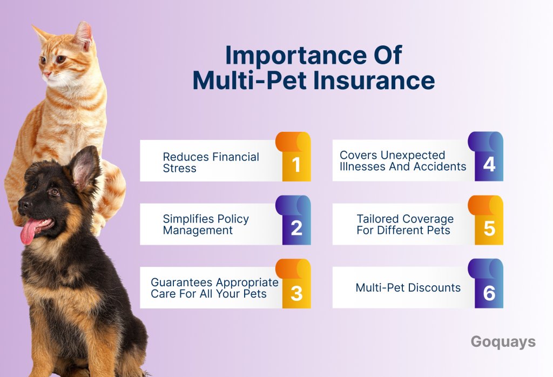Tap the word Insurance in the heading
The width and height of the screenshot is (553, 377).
[374, 80]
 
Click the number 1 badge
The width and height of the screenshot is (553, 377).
[293, 157]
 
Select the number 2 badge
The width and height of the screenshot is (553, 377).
[293, 220]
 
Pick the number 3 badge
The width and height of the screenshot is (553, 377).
[293, 284]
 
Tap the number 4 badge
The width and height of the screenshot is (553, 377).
[485, 157]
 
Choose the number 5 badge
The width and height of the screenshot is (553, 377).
[485, 220]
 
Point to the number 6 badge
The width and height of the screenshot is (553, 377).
[485, 284]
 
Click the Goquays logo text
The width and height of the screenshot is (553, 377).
[503, 342]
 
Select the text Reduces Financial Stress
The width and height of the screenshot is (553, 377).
[211, 162]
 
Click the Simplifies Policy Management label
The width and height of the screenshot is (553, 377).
[206, 224]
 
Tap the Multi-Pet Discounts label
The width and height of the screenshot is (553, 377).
[408, 288]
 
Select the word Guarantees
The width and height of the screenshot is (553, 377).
[181, 282]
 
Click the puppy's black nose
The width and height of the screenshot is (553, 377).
[24, 204]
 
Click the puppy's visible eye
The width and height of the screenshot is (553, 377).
[54, 192]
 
